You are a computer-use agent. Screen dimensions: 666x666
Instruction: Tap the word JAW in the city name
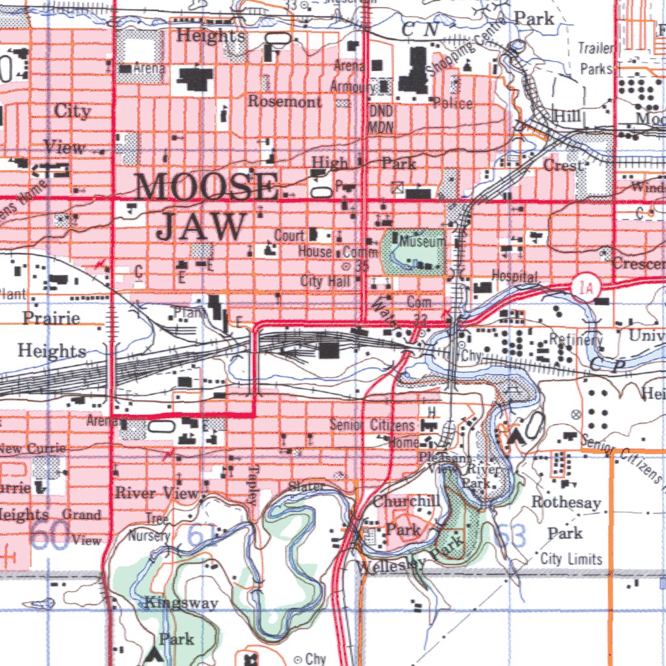(x=201, y=227)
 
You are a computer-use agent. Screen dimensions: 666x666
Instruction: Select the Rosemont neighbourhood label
(x=284, y=102)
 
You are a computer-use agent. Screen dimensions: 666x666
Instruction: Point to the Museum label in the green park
(x=422, y=241)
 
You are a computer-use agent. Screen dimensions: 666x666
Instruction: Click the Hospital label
(x=514, y=276)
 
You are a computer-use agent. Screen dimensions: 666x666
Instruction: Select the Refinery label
(x=576, y=339)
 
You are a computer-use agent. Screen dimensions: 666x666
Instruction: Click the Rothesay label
(x=566, y=502)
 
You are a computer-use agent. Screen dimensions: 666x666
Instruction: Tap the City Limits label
(x=571, y=559)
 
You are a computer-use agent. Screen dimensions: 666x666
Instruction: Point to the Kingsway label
(x=181, y=603)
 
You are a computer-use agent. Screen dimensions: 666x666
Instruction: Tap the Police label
(x=453, y=103)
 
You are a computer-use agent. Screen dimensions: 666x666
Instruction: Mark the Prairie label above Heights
(x=51, y=318)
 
